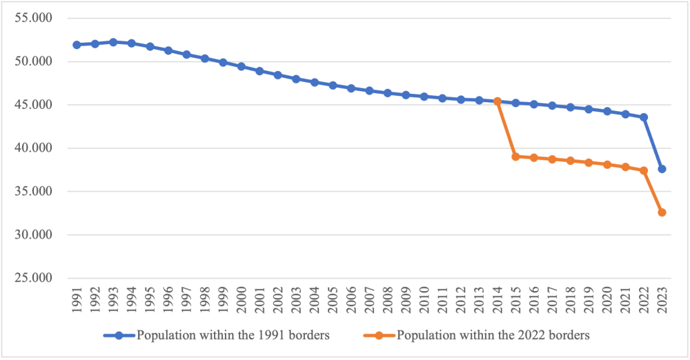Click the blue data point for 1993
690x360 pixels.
[113, 42]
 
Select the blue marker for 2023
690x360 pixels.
[662, 169]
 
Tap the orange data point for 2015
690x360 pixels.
[515, 157]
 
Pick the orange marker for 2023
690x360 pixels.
[662, 212]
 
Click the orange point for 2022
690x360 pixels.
[644, 170]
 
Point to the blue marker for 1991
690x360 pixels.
[77, 45]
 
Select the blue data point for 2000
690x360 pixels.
[241, 66]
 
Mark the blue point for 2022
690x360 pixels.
[644, 117]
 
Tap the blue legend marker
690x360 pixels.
[119, 336]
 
